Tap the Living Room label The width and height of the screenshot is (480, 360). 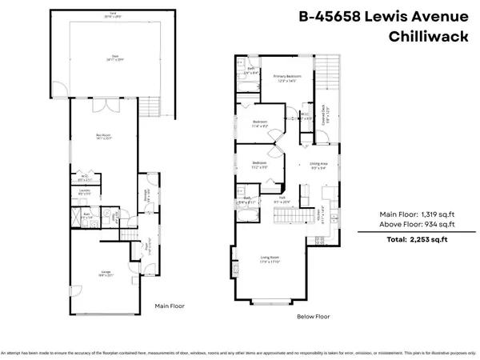271,258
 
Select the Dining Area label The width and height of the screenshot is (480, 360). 317,166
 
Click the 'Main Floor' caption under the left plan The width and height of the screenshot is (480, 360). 170,305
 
